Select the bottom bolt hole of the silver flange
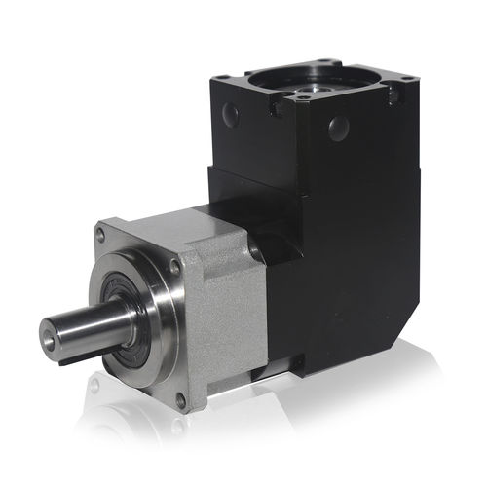[180, 399]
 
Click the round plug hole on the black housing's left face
[231, 116]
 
